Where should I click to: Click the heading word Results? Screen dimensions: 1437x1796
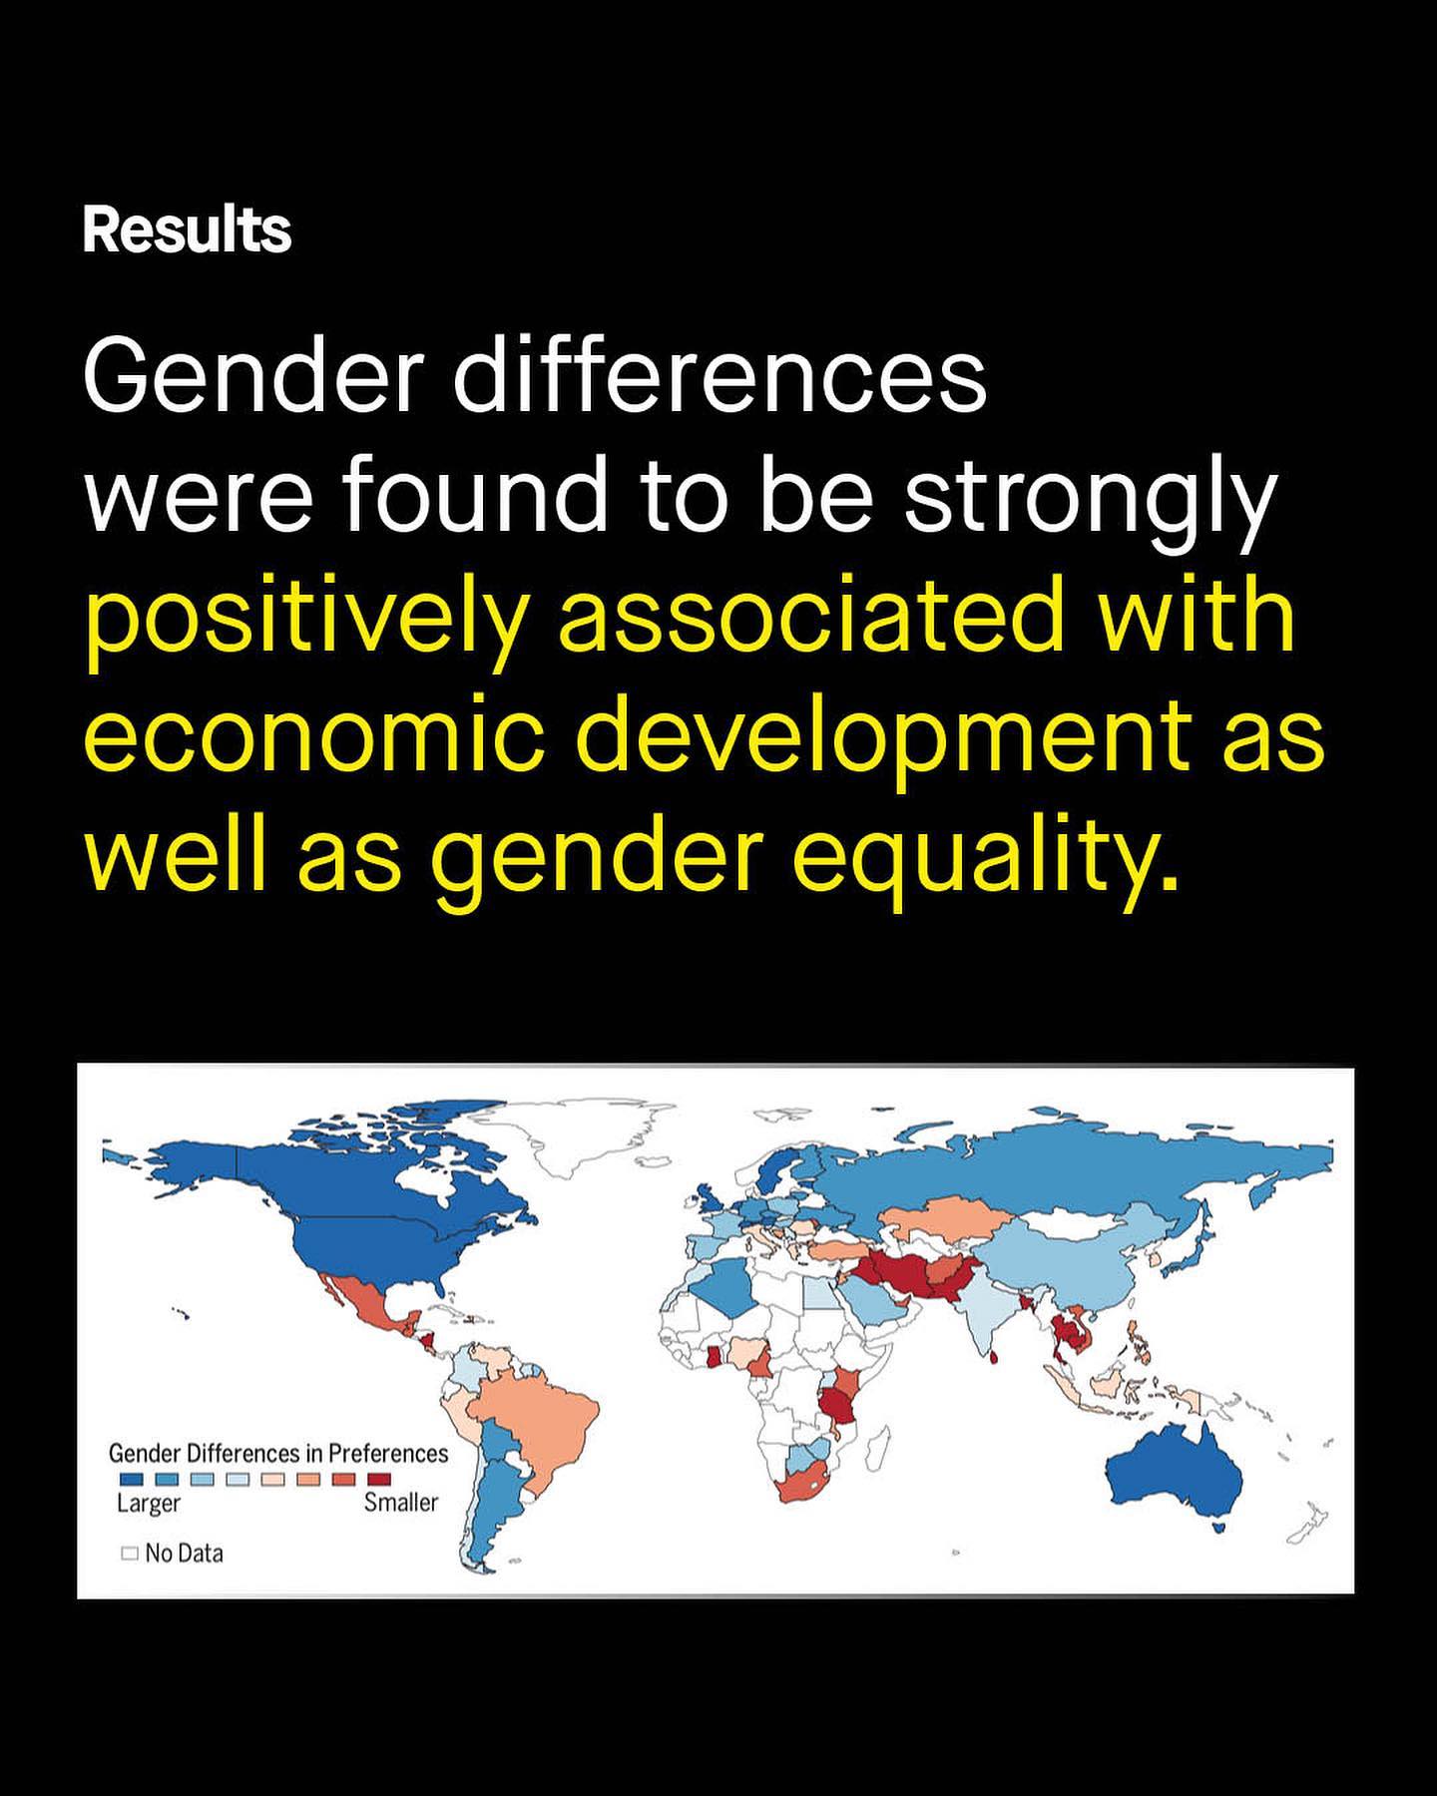click(x=187, y=230)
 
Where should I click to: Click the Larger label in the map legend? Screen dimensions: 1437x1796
click(x=149, y=1503)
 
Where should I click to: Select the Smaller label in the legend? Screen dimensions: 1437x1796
click(x=401, y=1502)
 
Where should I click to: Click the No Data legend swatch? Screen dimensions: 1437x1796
click(x=129, y=1553)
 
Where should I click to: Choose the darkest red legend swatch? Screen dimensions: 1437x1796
click(x=380, y=1479)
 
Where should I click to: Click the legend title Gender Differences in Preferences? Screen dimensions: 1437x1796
click(x=278, y=1454)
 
